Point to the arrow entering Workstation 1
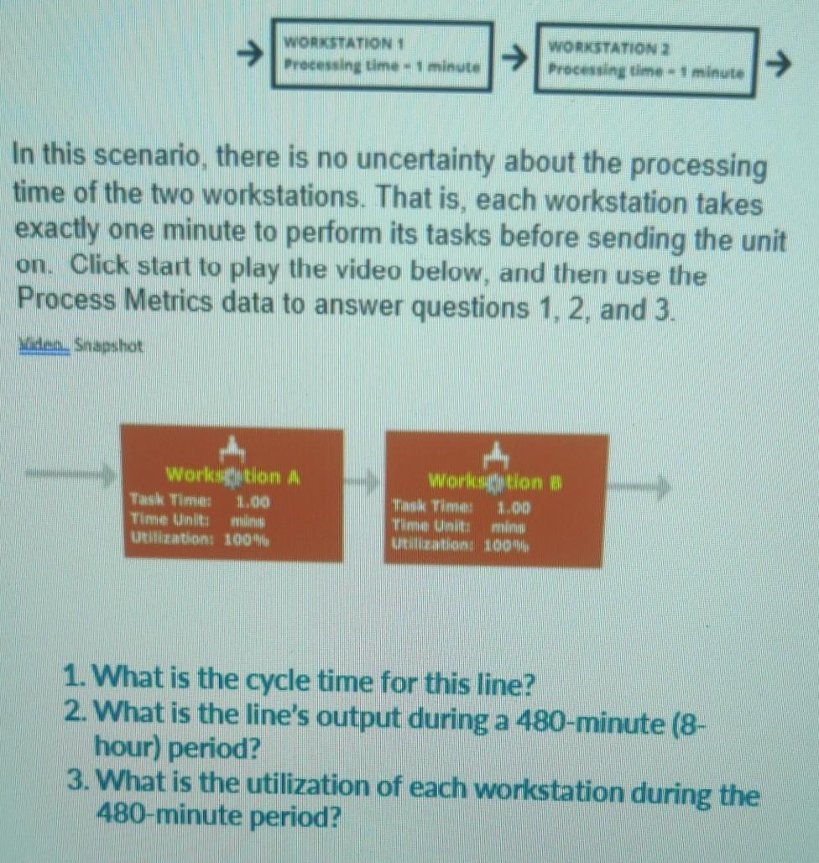coord(248,55)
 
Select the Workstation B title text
coord(494,482)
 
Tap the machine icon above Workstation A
coord(231,452)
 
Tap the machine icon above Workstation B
coord(496,455)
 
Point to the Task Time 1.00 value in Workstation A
coord(253,503)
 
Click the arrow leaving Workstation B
coord(643,484)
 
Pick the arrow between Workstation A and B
coord(363,482)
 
